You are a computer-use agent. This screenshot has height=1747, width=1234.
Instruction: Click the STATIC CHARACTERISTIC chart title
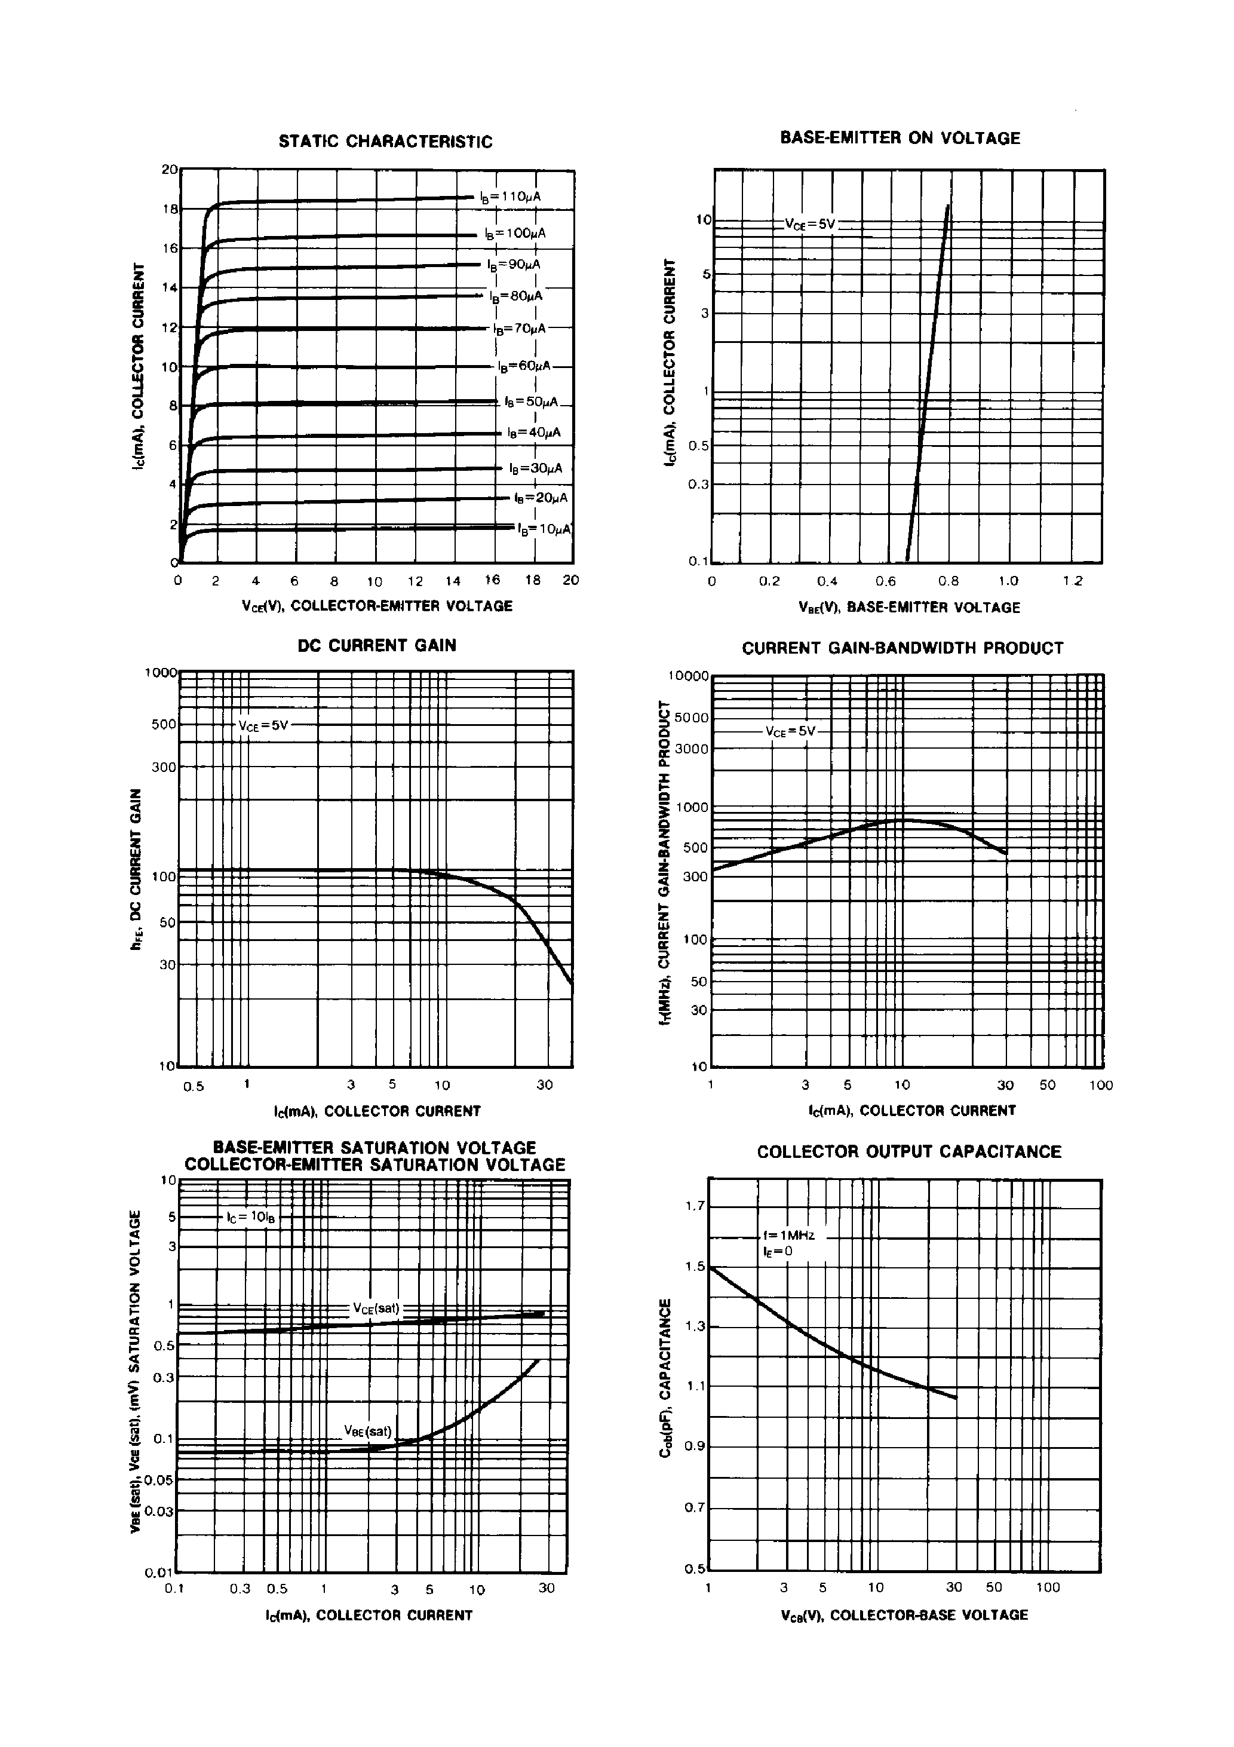(x=385, y=142)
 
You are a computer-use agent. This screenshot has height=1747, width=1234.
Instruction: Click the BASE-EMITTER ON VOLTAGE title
(x=900, y=138)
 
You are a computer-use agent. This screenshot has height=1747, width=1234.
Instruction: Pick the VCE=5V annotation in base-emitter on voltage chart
(x=811, y=225)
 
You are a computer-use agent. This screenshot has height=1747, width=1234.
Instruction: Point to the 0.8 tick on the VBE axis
(x=948, y=581)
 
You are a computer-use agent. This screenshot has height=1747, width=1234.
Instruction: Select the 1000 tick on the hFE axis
(x=161, y=673)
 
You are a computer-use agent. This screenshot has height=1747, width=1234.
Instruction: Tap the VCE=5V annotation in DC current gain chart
(x=263, y=725)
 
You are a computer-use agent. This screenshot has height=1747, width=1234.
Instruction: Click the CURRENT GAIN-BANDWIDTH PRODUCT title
(x=903, y=648)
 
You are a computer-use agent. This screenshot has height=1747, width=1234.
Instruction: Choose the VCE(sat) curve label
(x=376, y=1308)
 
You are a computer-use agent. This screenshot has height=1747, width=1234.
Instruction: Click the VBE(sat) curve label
(x=367, y=1431)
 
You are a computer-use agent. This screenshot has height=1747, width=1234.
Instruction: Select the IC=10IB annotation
(x=250, y=1218)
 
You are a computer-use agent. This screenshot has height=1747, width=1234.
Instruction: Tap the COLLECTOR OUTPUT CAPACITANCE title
(x=908, y=1151)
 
